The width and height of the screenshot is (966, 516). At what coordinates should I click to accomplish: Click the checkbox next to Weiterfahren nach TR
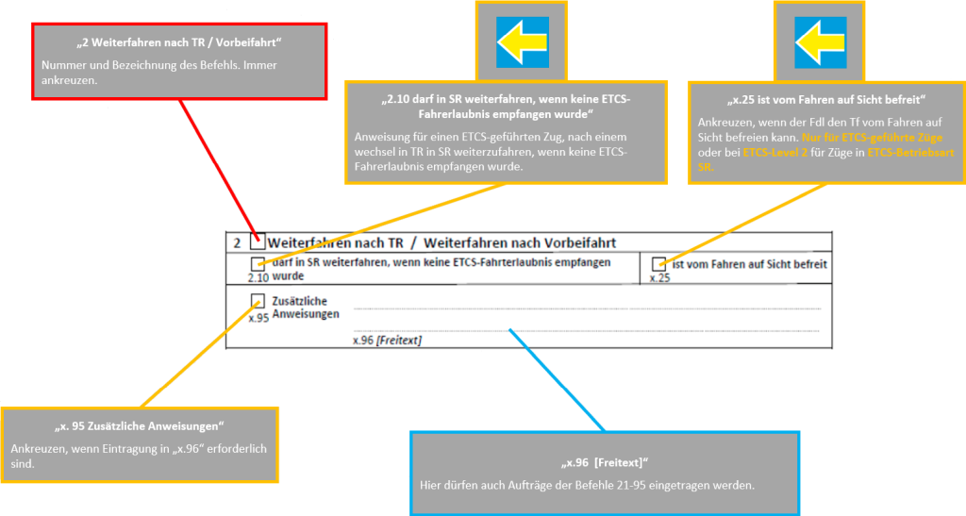[258, 241]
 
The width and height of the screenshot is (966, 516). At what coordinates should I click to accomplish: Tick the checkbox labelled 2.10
[258, 264]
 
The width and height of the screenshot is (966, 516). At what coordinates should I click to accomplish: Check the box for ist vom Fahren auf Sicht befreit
[659, 264]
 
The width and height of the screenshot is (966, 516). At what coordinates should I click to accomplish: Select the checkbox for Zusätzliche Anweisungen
[258, 301]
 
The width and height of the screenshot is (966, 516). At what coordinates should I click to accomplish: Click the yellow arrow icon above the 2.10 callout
[522, 42]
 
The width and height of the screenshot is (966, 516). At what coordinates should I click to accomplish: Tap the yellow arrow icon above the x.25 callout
[820, 42]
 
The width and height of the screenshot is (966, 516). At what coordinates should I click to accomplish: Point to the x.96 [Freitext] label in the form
[387, 340]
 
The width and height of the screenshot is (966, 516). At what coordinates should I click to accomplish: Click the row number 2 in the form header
[236, 242]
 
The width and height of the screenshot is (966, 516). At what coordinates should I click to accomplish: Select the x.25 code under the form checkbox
[660, 278]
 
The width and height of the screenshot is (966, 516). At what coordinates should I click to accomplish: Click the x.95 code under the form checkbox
[258, 318]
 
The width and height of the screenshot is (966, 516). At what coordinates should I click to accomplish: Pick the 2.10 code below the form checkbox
[258, 278]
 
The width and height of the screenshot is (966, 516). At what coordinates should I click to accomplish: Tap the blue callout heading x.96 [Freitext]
[605, 462]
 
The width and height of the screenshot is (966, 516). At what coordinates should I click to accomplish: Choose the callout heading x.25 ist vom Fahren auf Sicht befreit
[820, 101]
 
